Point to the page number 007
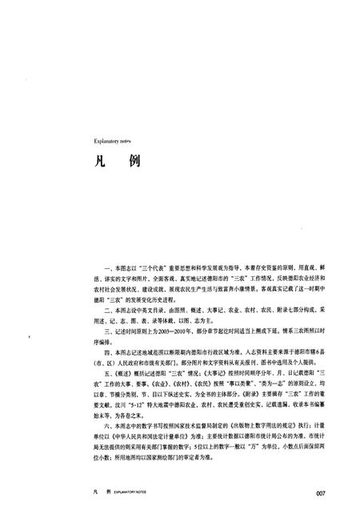pyautogui.click(x=322, y=492)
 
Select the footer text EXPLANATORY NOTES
pyautogui.click(x=131, y=493)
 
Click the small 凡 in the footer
pyautogui.click(x=95, y=492)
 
